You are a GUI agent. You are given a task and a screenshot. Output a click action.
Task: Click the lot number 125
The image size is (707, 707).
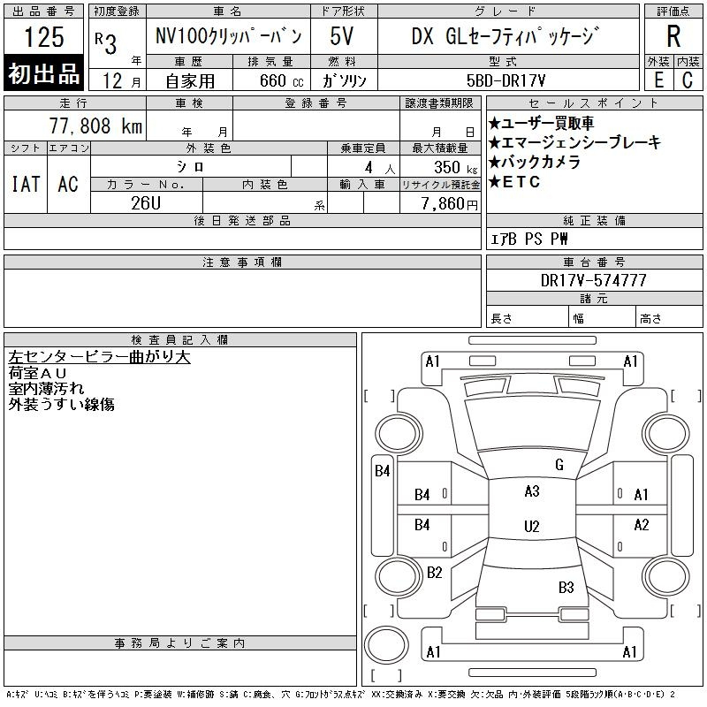(43, 36)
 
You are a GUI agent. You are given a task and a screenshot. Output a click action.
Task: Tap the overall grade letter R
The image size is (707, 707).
(673, 36)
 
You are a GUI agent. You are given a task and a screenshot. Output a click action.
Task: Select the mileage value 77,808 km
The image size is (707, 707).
(96, 125)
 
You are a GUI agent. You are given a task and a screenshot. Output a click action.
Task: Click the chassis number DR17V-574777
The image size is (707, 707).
(593, 280)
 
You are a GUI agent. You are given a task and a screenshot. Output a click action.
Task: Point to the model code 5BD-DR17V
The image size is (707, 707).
(506, 80)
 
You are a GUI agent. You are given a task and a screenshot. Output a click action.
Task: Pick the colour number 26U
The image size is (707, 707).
(146, 203)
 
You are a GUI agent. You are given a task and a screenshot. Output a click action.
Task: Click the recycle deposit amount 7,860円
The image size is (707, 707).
(449, 204)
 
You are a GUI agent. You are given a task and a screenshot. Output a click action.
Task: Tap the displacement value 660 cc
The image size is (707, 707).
(281, 81)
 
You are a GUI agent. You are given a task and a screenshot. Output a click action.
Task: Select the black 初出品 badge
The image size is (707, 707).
(43, 72)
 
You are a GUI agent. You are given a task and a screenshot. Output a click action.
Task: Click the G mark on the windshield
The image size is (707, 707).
(559, 465)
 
